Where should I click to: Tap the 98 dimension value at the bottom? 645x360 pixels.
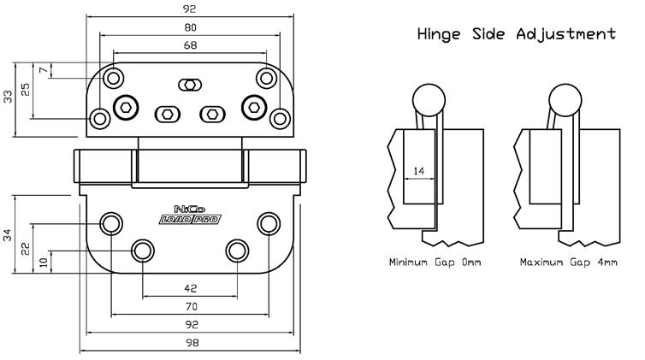pyautogui.click(x=190, y=342)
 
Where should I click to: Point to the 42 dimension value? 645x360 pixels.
pyautogui.click(x=190, y=287)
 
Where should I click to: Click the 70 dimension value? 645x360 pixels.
pyautogui.click(x=190, y=305)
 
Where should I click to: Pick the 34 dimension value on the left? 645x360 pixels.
pyautogui.click(x=9, y=234)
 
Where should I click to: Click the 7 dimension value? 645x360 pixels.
pyautogui.click(x=43, y=69)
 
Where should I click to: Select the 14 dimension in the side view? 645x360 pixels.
pyautogui.click(x=418, y=171)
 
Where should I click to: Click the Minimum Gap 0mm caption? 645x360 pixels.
pyautogui.click(x=434, y=262)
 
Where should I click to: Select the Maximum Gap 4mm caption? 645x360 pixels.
pyautogui.click(x=568, y=262)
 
